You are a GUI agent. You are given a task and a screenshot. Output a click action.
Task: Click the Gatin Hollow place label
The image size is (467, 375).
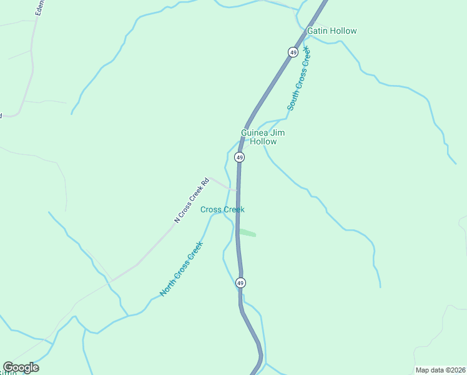(x=332, y=31)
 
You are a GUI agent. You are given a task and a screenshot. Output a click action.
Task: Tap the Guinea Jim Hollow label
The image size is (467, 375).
(x=259, y=137)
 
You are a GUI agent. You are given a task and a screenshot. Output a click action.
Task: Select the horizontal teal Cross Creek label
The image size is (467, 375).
(x=222, y=209)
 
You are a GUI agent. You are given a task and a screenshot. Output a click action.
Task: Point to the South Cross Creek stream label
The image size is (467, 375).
(x=299, y=82)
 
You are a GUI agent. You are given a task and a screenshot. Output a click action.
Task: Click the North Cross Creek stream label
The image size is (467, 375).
(x=181, y=269)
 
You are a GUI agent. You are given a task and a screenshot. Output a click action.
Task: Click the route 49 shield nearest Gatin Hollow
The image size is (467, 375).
(x=293, y=52)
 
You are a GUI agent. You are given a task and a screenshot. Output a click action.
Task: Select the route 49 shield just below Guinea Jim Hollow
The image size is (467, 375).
(x=240, y=157)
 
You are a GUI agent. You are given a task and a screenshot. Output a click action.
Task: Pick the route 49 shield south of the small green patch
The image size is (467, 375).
(x=241, y=283)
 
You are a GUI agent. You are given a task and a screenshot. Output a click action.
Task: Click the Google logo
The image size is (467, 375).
(x=21, y=367)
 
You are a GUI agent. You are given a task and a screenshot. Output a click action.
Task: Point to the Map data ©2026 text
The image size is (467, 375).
(x=440, y=370)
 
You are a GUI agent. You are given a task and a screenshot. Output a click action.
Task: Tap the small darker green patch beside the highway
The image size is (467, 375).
(x=247, y=232)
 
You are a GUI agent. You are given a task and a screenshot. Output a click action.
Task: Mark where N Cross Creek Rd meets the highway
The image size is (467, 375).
(x=237, y=190)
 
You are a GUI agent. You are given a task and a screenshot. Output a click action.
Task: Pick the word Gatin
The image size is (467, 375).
(x=317, y=31)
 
